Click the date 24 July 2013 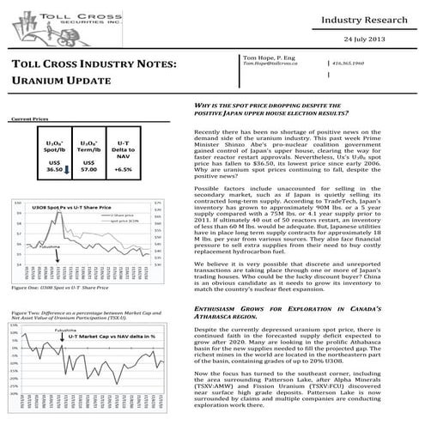[x=378, y=40]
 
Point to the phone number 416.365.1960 [x=361, y=64]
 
